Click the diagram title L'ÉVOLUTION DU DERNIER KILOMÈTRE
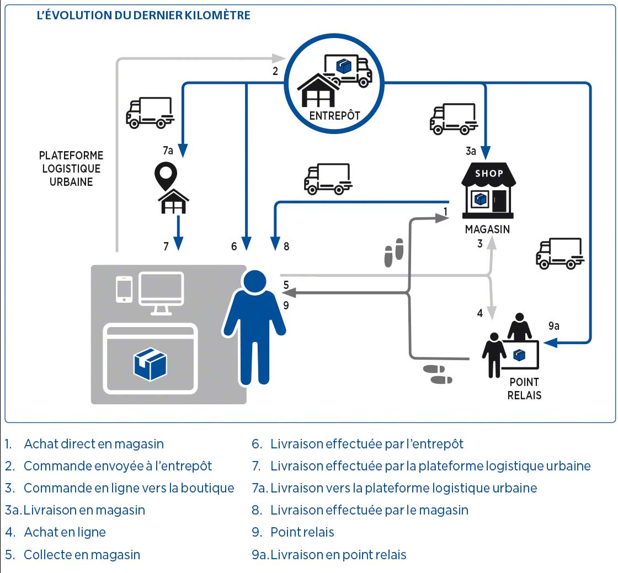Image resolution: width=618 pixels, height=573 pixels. [143, 15]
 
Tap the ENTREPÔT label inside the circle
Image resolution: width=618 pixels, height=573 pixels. [334, 116]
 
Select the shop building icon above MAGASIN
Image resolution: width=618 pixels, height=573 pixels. [488, 191]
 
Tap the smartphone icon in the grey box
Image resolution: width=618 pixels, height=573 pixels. [124, 289]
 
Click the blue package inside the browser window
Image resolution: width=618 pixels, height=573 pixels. [150, 364]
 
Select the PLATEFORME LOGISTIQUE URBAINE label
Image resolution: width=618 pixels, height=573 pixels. [71, 169]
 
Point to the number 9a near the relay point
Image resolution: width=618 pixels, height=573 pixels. [553, 326]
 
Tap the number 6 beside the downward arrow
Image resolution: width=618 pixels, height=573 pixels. [234, 247]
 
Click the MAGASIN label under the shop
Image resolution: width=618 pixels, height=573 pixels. [487, 229]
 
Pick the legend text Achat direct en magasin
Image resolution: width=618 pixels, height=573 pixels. [94, 444]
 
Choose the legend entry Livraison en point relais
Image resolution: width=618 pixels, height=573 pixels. [338, 555]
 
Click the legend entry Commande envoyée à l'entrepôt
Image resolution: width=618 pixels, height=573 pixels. [118, 466]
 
